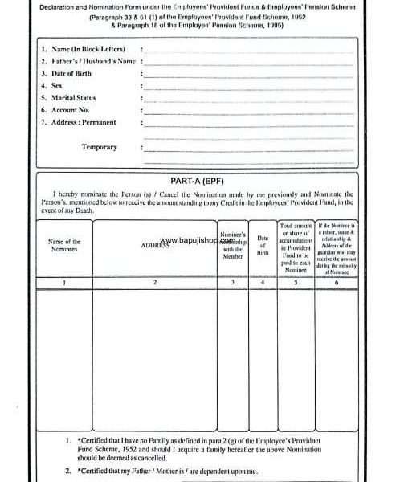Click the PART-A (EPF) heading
point(196,182)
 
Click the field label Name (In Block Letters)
point(84,49)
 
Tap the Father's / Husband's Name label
point(87,61)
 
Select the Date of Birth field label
point(71,73)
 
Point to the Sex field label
point(56,85)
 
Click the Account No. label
point(70,109)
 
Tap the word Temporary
point(99,147)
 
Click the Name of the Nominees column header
point(64,245)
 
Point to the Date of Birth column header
point(262,245)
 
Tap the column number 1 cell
point(64,282)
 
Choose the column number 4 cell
point(262,282)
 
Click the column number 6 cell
point(336,282)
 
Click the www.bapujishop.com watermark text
point(198,239)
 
